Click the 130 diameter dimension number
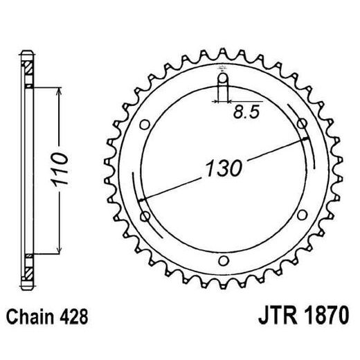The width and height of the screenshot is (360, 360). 222,168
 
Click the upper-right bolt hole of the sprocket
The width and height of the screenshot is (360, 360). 302,124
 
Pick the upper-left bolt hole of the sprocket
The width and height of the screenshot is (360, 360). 144,125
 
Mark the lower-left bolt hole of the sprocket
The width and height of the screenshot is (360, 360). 144,216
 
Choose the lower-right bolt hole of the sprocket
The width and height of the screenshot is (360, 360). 302,216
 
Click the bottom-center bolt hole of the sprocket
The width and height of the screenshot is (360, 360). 222,261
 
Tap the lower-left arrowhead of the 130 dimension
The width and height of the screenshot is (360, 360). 141,199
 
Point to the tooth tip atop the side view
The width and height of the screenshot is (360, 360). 28,55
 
